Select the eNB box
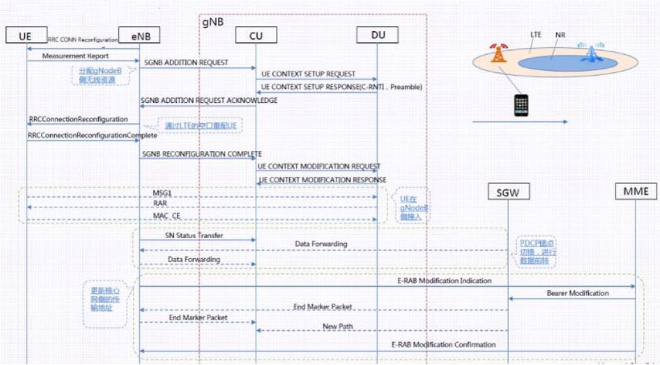[x=139, y=36]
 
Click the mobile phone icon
[x=521, y=105]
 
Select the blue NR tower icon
[x=590, y=53]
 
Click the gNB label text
[x=213, y=21]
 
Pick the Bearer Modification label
[x=577, y=293]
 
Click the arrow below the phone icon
[x=519, y=122]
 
